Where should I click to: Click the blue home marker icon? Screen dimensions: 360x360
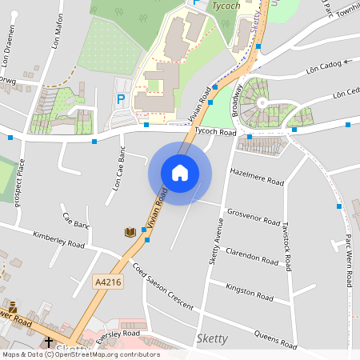tap(180, 172)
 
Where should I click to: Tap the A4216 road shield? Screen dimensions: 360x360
tap(107, 282)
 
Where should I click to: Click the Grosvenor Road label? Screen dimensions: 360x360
tap(253, 216)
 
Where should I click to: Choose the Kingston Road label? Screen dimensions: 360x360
tap(250, 287)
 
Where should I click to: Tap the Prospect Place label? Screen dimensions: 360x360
tap(20, 182)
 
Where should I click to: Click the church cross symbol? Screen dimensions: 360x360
tap(49, 342)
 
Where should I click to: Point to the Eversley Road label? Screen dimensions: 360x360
tap(118, 334)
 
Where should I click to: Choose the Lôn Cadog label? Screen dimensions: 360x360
tap(323, 68)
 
